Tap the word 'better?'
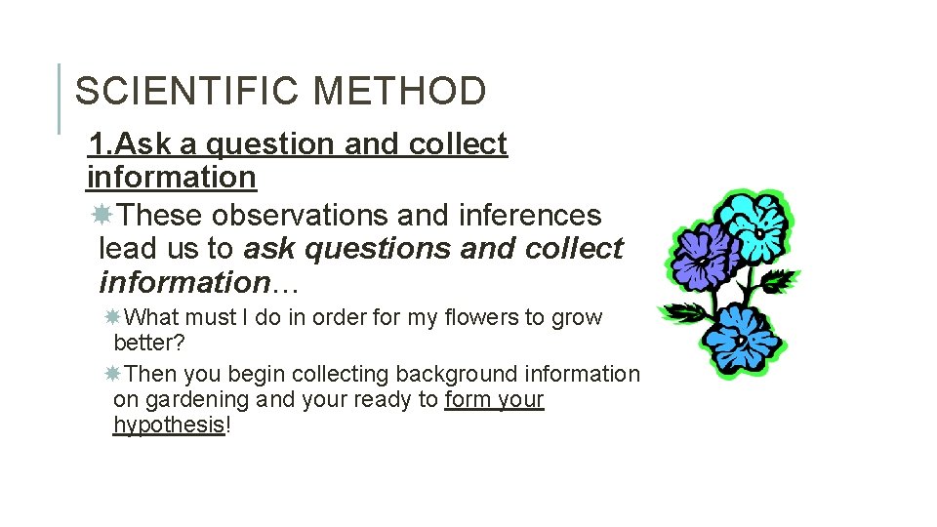(x=149, y=344)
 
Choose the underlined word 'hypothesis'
(x=169, y=426)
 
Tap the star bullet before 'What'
(x=113, y=317)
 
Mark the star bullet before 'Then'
(x=113, y=374)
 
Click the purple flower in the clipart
(x=703, y=253)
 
